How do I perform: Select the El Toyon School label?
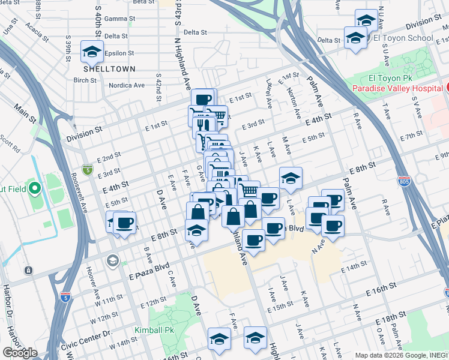[403, 38]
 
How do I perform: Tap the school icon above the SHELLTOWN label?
[92, 52]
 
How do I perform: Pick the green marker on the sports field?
[34, 190]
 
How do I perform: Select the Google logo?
[20, 353]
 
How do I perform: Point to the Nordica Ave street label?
[126, 85]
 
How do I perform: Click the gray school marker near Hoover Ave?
[112, 260]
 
